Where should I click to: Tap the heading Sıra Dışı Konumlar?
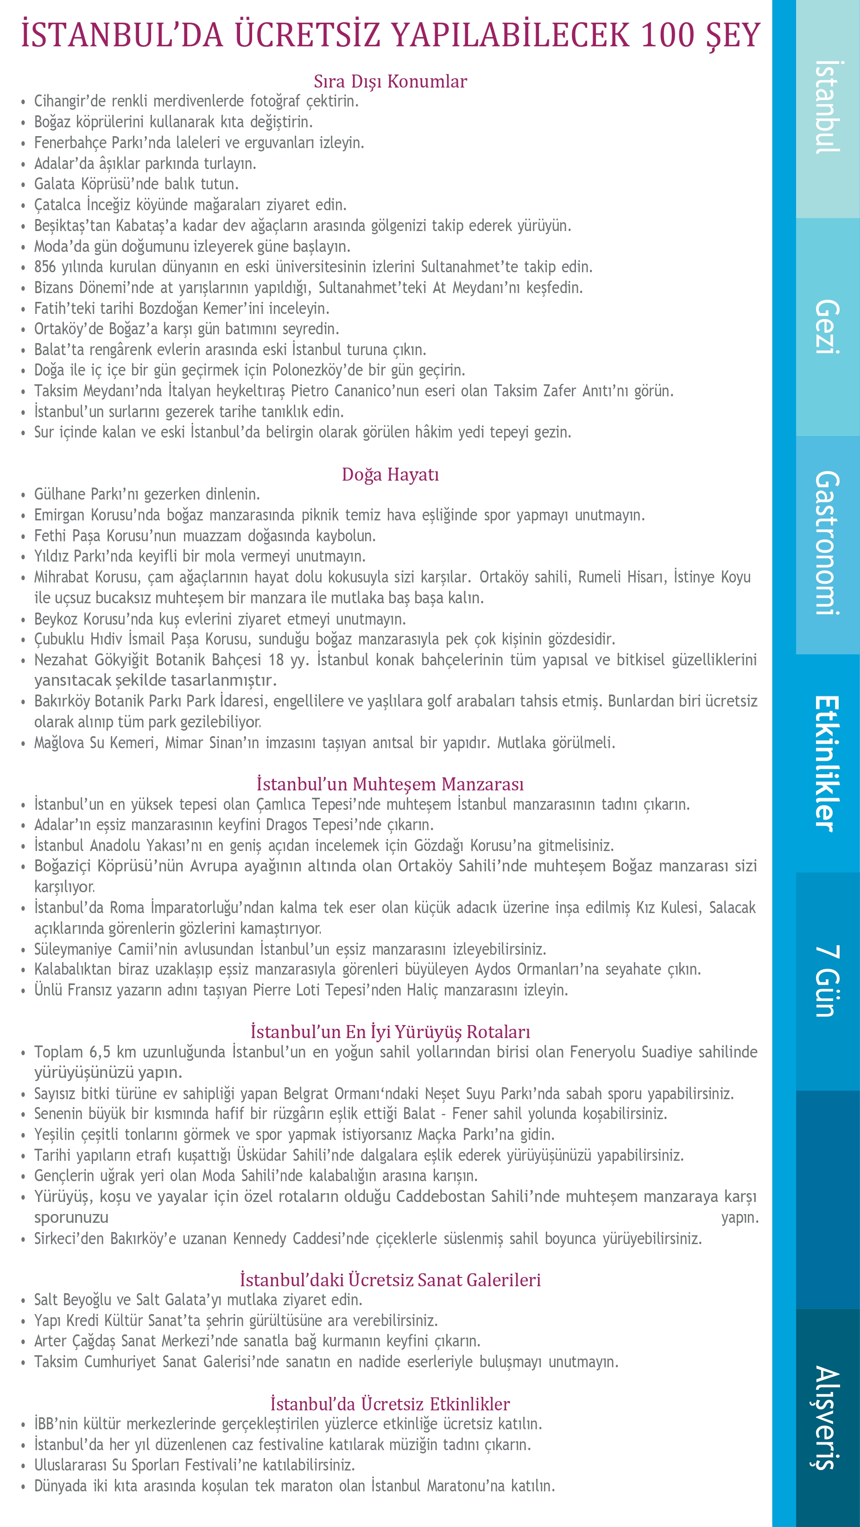pyautogui.click(x=390, y=81)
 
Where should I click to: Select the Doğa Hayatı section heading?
pyautogui.click(x=390, y=474)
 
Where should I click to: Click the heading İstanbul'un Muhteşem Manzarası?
pyautogui.click(x=390, y=784)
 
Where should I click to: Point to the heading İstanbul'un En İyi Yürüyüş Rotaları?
pyautogui.click(x=390, y=1032)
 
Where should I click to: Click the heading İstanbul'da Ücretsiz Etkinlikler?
pyautogui.click(x=390, y=1404)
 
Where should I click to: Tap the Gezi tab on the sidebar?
pyautogui.click(x=828, y=327)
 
